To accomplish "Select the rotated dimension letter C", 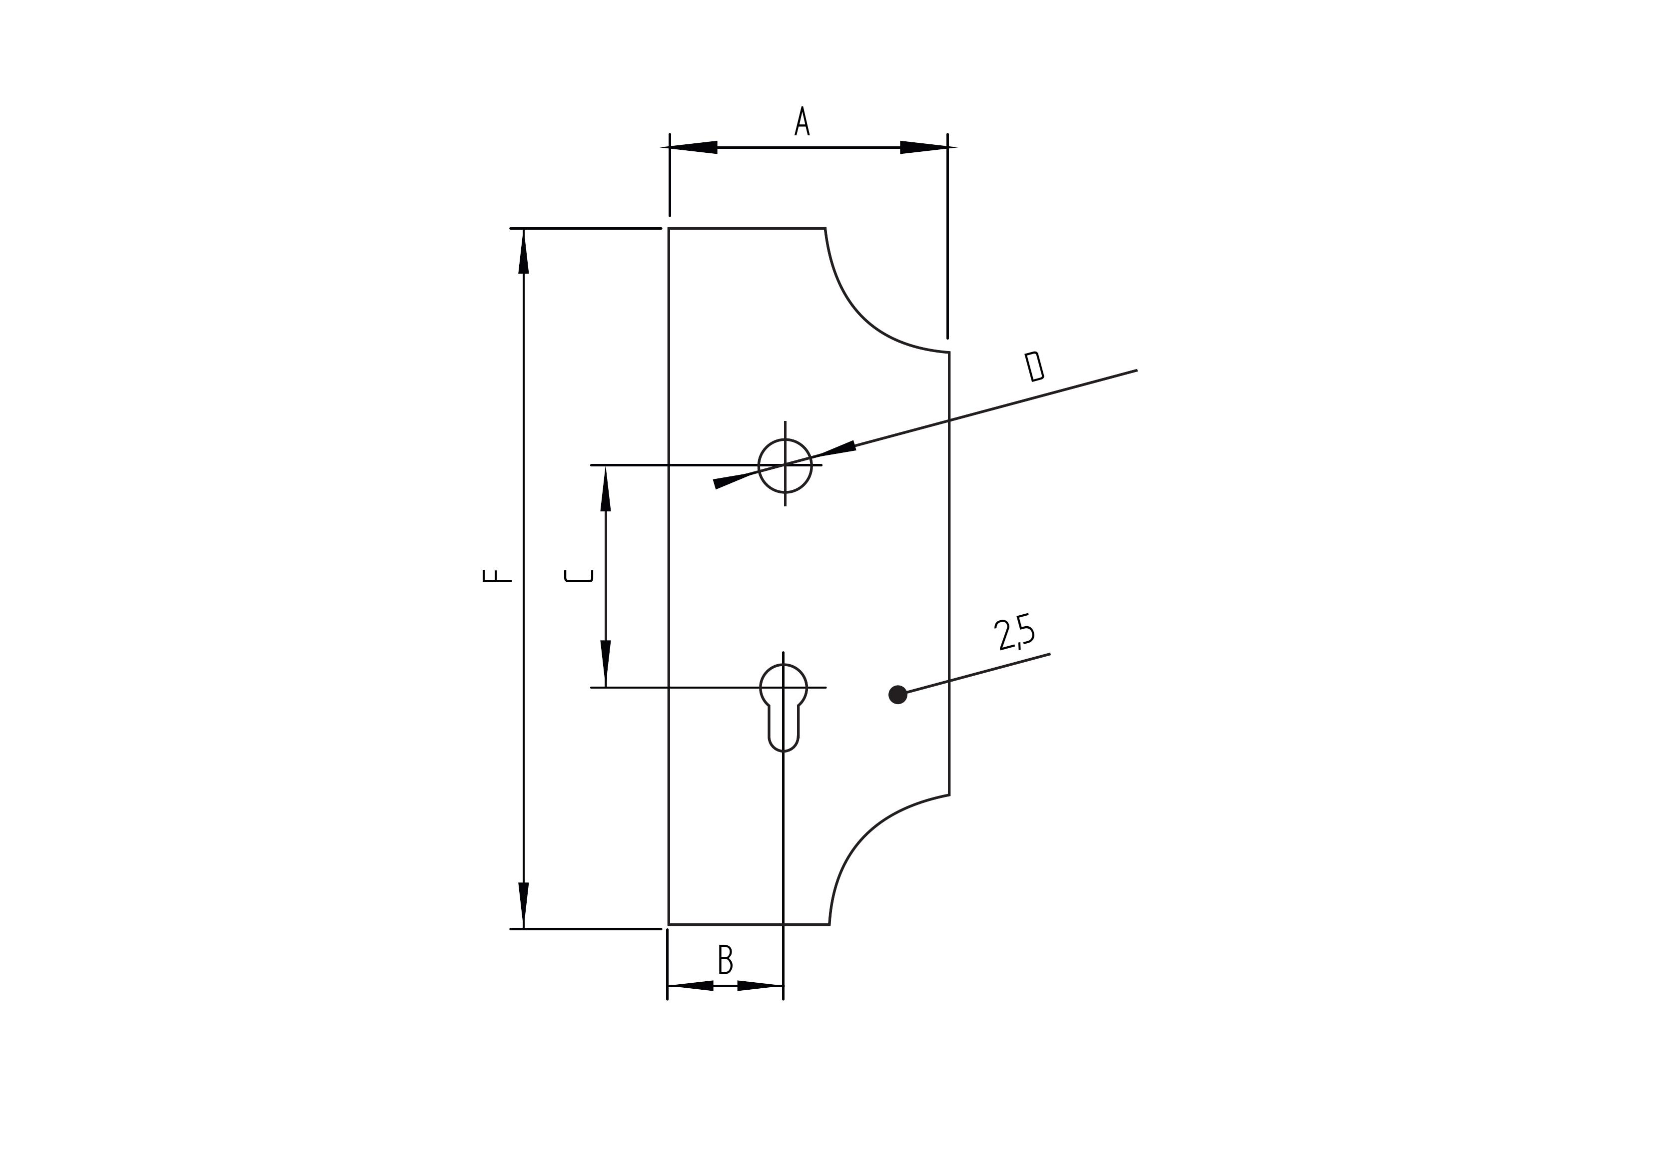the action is click(x=579, y=576).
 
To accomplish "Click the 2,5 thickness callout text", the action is click(x=1014, y=632).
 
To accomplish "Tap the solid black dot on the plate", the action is click(x=898, y=695).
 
